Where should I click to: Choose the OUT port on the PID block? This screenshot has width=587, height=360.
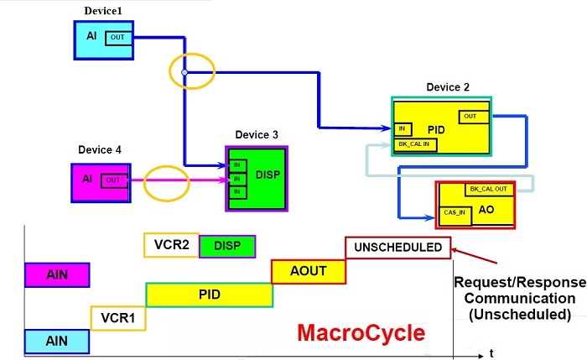pyautogui.click(x=470, y=116)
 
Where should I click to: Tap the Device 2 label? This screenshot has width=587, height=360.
pyautogui.click(x=448, y=87)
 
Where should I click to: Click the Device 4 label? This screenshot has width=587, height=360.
pyautogui.click(x=100, y=149)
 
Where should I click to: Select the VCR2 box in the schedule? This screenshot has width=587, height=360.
pyautogui.click(x=171, y=245)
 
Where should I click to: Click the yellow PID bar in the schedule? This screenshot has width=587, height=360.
pyautogui.click(x=209, y=295)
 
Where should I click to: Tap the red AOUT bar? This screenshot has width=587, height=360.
pyautogui.click(x=309, y=271)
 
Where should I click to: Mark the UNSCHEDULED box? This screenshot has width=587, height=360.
pyautogui.click(x=398, y=247)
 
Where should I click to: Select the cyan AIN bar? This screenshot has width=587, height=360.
pyautogui.click(x=56, y=340)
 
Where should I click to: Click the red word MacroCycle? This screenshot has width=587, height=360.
pyautogui.click(x=361, y=331)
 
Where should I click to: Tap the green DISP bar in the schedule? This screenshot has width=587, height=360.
pyautogui.click(x=227, y=246)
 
